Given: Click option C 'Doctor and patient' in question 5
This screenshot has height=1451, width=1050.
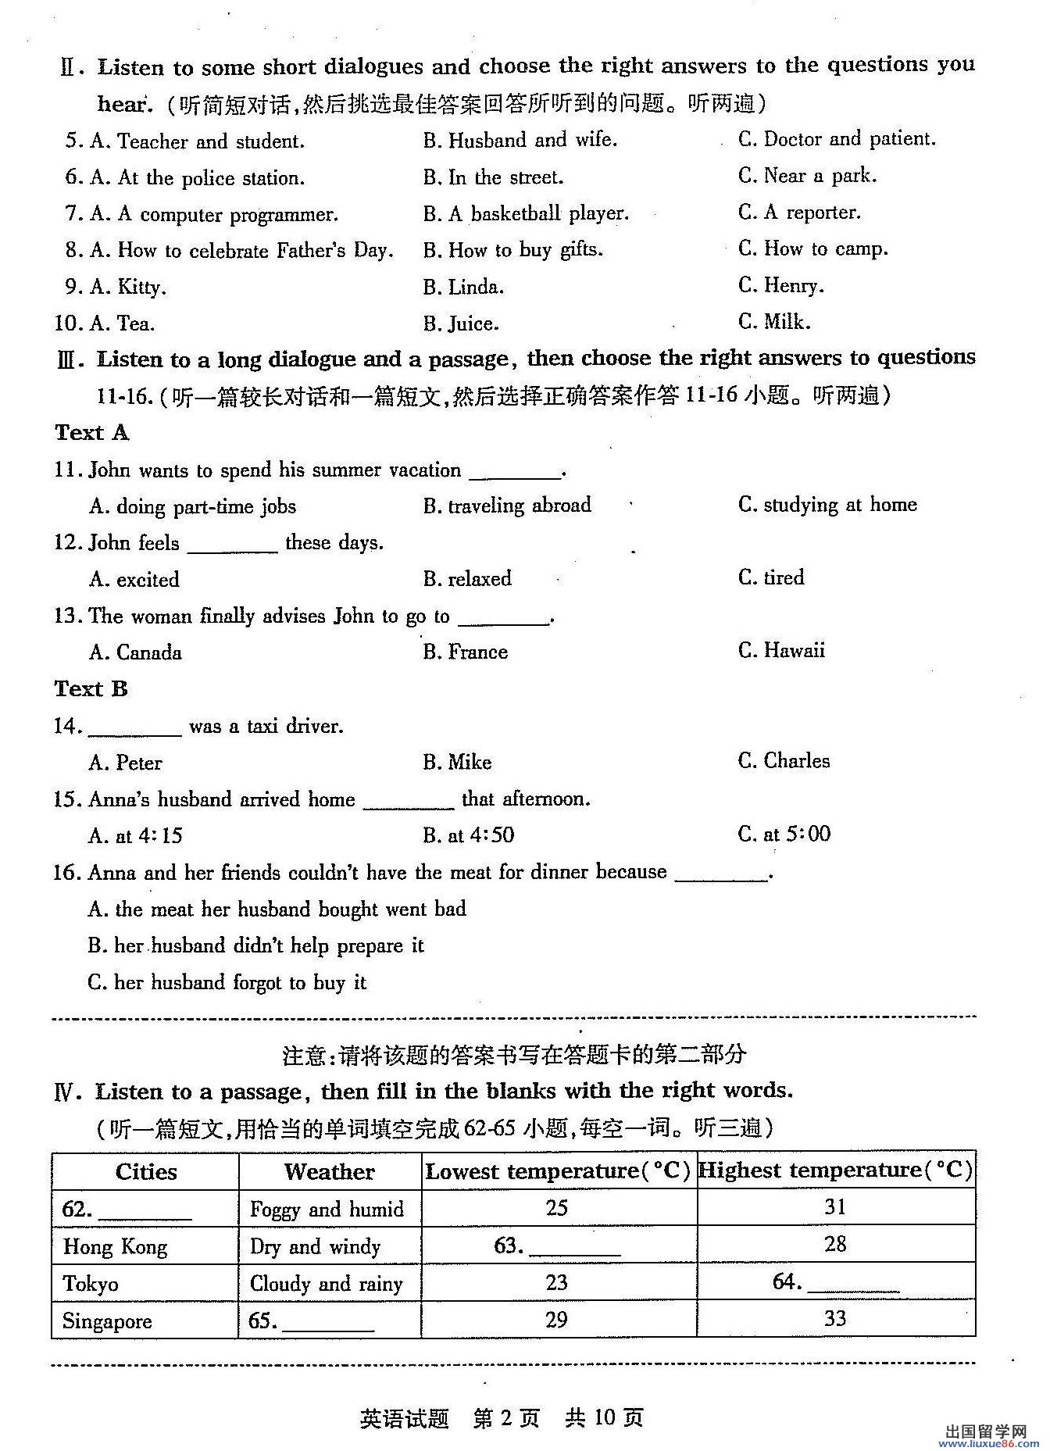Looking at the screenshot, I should point(837,139).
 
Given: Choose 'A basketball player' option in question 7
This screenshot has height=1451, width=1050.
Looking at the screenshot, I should point(526,213).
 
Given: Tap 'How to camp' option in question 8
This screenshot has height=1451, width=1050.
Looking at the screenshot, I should point(813,249).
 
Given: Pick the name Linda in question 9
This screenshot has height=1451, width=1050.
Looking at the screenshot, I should point(464,287).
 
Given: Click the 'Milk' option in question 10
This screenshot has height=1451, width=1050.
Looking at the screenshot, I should point(775,322).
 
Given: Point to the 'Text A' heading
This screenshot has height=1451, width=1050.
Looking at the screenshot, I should point(91,432).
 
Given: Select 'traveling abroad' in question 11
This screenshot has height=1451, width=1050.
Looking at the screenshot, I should point(507,506).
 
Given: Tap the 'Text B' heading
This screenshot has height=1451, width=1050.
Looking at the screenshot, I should point(91,688).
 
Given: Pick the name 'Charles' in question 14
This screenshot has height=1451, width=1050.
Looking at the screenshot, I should point(784,761).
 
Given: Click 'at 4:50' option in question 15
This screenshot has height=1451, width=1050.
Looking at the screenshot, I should point(469,835).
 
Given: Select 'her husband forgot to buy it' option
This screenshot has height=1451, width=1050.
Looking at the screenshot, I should point(227,982).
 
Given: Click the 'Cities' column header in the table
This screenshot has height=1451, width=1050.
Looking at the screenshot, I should point(146,1171).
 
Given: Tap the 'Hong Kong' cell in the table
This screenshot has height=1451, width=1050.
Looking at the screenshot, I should point(115,1246).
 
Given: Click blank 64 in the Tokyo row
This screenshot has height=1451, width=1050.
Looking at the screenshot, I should point(836,1283).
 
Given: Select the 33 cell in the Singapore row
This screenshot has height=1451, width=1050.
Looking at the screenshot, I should point(835,1319).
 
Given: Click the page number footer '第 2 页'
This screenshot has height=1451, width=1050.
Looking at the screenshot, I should point(506,1417).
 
